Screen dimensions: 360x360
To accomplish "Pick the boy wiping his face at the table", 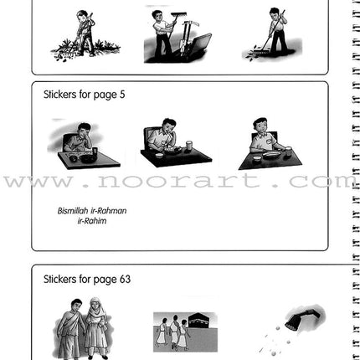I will (81, 136).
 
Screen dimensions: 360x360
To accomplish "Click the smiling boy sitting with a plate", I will (263, 134).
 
